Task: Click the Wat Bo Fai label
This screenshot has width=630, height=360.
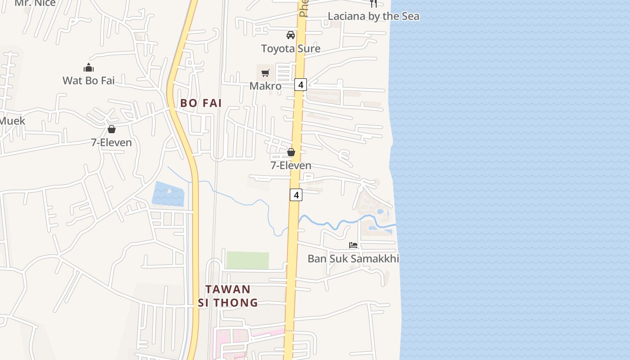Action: pos(88,81)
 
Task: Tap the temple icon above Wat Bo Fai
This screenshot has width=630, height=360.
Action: pos(89,68)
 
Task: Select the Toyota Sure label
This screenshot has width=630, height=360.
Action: pos(291,48)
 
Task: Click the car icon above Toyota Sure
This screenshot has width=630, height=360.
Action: pos(291,35)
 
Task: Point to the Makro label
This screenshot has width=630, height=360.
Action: pos(265,86)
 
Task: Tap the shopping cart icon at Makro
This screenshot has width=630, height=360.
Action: pos(265,73)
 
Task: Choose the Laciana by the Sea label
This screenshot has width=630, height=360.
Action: pos(373,16)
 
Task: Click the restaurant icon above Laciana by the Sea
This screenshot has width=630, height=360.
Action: pos(373,4)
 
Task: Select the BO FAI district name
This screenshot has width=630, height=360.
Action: pos(201,103)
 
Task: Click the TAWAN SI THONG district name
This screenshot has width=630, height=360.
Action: pos(228,296)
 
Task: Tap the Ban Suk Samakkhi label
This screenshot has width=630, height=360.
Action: pos(353,258)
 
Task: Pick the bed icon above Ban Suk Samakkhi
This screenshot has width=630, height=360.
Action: pos(353,245)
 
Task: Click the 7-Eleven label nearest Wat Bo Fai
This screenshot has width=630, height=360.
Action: pos(112,142)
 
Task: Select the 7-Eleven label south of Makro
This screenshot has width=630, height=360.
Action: pos(291,165)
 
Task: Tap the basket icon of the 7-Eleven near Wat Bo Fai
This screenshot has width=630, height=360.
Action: pos(112,130)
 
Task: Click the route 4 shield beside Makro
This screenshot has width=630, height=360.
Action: pos(301,84)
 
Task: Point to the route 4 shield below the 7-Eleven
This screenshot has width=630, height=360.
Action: pos(296,195)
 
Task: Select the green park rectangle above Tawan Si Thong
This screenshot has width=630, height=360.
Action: pos(247,261)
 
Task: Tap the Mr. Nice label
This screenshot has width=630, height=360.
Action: pos(35,3)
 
